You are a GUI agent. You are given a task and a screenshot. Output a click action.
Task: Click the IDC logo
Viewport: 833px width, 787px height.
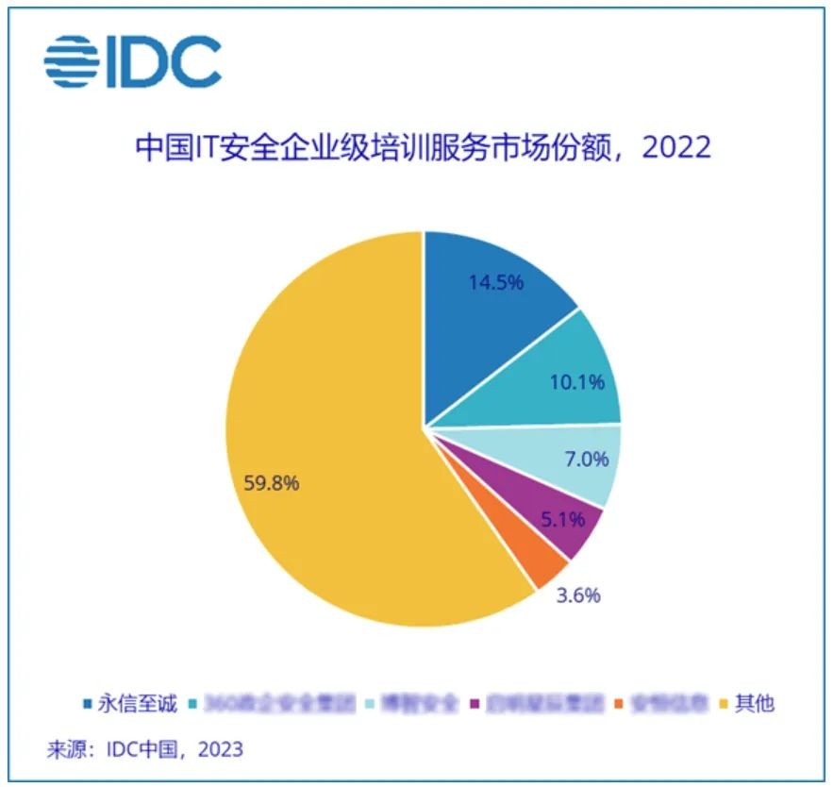point(133,61)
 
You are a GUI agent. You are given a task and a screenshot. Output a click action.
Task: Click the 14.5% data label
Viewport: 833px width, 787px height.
point(494,282)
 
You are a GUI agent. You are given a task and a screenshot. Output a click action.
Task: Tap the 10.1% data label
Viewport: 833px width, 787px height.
point(576,382)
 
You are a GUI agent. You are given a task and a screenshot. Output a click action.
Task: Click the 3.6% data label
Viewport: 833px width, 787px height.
point(576,595)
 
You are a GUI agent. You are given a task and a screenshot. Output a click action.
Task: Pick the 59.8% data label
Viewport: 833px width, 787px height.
point(273,484)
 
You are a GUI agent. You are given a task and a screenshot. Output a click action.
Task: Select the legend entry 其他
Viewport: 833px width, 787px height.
point(754,703)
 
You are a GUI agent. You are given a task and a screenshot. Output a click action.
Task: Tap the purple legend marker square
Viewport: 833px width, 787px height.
point(474,704)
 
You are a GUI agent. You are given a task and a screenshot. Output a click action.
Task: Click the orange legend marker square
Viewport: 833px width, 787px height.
point(619,704)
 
